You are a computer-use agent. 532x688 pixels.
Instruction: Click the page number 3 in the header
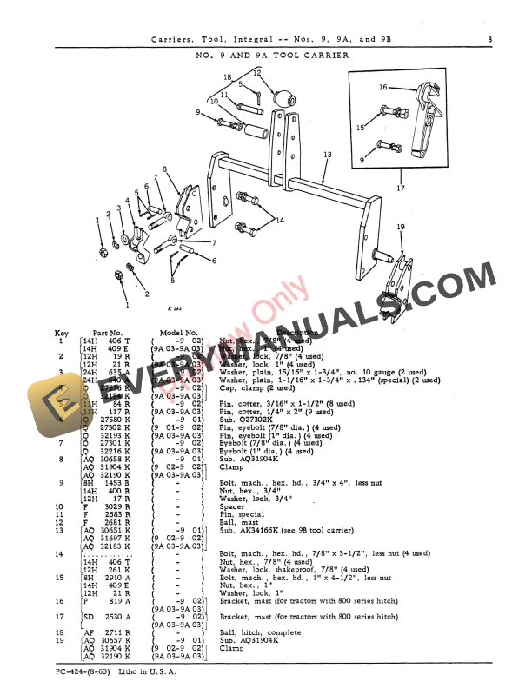(x=489, y=38)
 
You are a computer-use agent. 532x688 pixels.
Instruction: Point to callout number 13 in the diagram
(x=327, y=155)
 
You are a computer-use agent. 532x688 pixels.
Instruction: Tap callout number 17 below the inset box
(x=399, y=187)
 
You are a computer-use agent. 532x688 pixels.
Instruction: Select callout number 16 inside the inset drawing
(x=382, y=87)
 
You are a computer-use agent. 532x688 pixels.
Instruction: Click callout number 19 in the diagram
(x=401, y=227)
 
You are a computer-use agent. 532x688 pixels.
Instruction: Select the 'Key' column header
(x=62, y=333)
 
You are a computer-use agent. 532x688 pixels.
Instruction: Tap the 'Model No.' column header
(x=180, y=333)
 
